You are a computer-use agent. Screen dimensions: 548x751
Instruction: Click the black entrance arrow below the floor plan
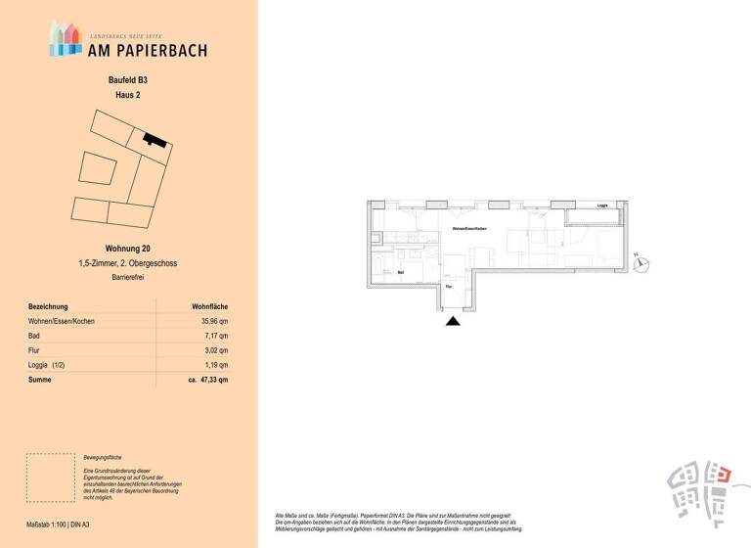coord(452,321)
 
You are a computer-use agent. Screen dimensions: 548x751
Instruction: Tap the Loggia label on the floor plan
coord(602,205)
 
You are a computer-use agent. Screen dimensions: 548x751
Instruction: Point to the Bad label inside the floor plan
coord(402,274)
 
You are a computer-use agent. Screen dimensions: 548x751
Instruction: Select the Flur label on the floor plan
coord(449,287)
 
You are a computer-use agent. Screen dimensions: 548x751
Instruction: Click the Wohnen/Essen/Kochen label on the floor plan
coord(468,228)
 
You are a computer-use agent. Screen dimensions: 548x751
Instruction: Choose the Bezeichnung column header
coord(50,306)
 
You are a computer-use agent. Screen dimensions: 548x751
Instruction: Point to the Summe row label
coord(40,380)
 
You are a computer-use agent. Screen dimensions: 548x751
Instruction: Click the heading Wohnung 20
coord(127,250)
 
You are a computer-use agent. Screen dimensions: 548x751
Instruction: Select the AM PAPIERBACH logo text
coord(146,49)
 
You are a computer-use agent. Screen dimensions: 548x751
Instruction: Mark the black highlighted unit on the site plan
coord(150,139)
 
